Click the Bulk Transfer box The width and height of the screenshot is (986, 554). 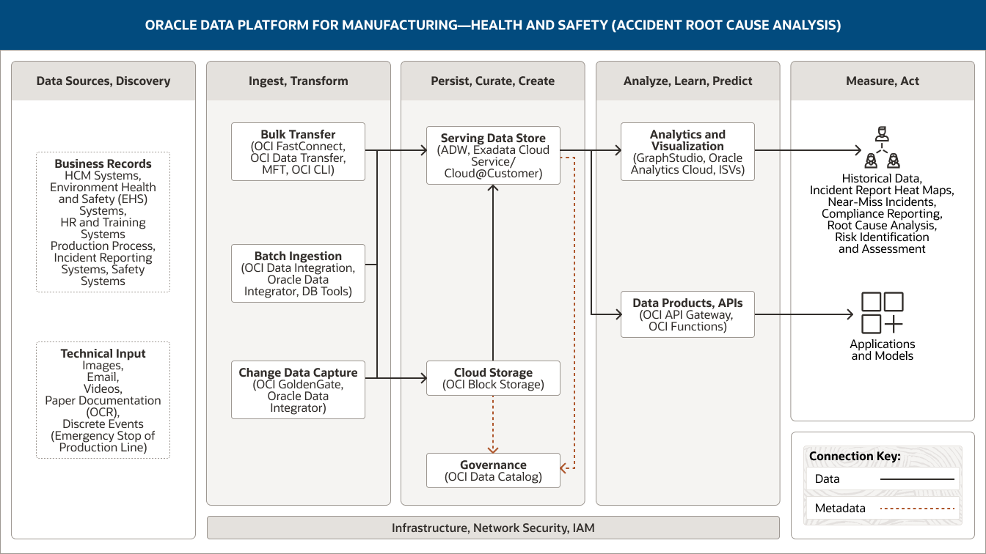click(x=298, y=152)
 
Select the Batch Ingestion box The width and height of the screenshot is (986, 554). click(x=298, y=273)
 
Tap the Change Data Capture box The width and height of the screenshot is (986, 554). click(x=298, y=389)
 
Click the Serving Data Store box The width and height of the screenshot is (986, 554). click(x=493, y=155)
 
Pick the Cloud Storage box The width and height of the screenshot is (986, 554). click(x=493, y=378)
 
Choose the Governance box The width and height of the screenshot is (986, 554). click(x=493, y=470)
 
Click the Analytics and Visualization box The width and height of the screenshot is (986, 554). click(x=687, y=152)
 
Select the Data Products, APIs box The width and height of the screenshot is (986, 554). click(x=687, y=314)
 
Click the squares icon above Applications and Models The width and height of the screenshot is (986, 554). click(x=882, y=313)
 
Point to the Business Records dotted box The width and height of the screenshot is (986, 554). click(x=103, y=222)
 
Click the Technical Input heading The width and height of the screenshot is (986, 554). click(x=103, y=353)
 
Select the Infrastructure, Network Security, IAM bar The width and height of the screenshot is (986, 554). click(x=493, y=528)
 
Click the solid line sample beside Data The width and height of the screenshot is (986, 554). click(x=917, y=479)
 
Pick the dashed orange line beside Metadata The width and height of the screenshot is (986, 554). click(x=917, y=508)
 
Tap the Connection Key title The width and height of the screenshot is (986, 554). click(x=855, y=457)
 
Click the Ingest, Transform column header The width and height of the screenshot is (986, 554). click(x=298, y=81)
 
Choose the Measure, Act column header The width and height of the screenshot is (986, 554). click(x=882, y=81)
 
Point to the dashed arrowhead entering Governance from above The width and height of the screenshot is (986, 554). click(x=493, y=449)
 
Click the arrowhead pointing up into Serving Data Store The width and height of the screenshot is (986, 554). click(x=493, y=189)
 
